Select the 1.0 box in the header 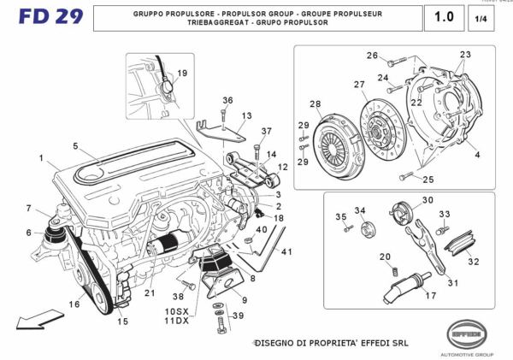click(x=443, y=17)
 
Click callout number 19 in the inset click(x=182, y=74)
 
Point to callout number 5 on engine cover click(x=75, y=146)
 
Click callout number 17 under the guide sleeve click(x=430, y=295)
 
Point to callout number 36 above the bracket click(x=227, y=100)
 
